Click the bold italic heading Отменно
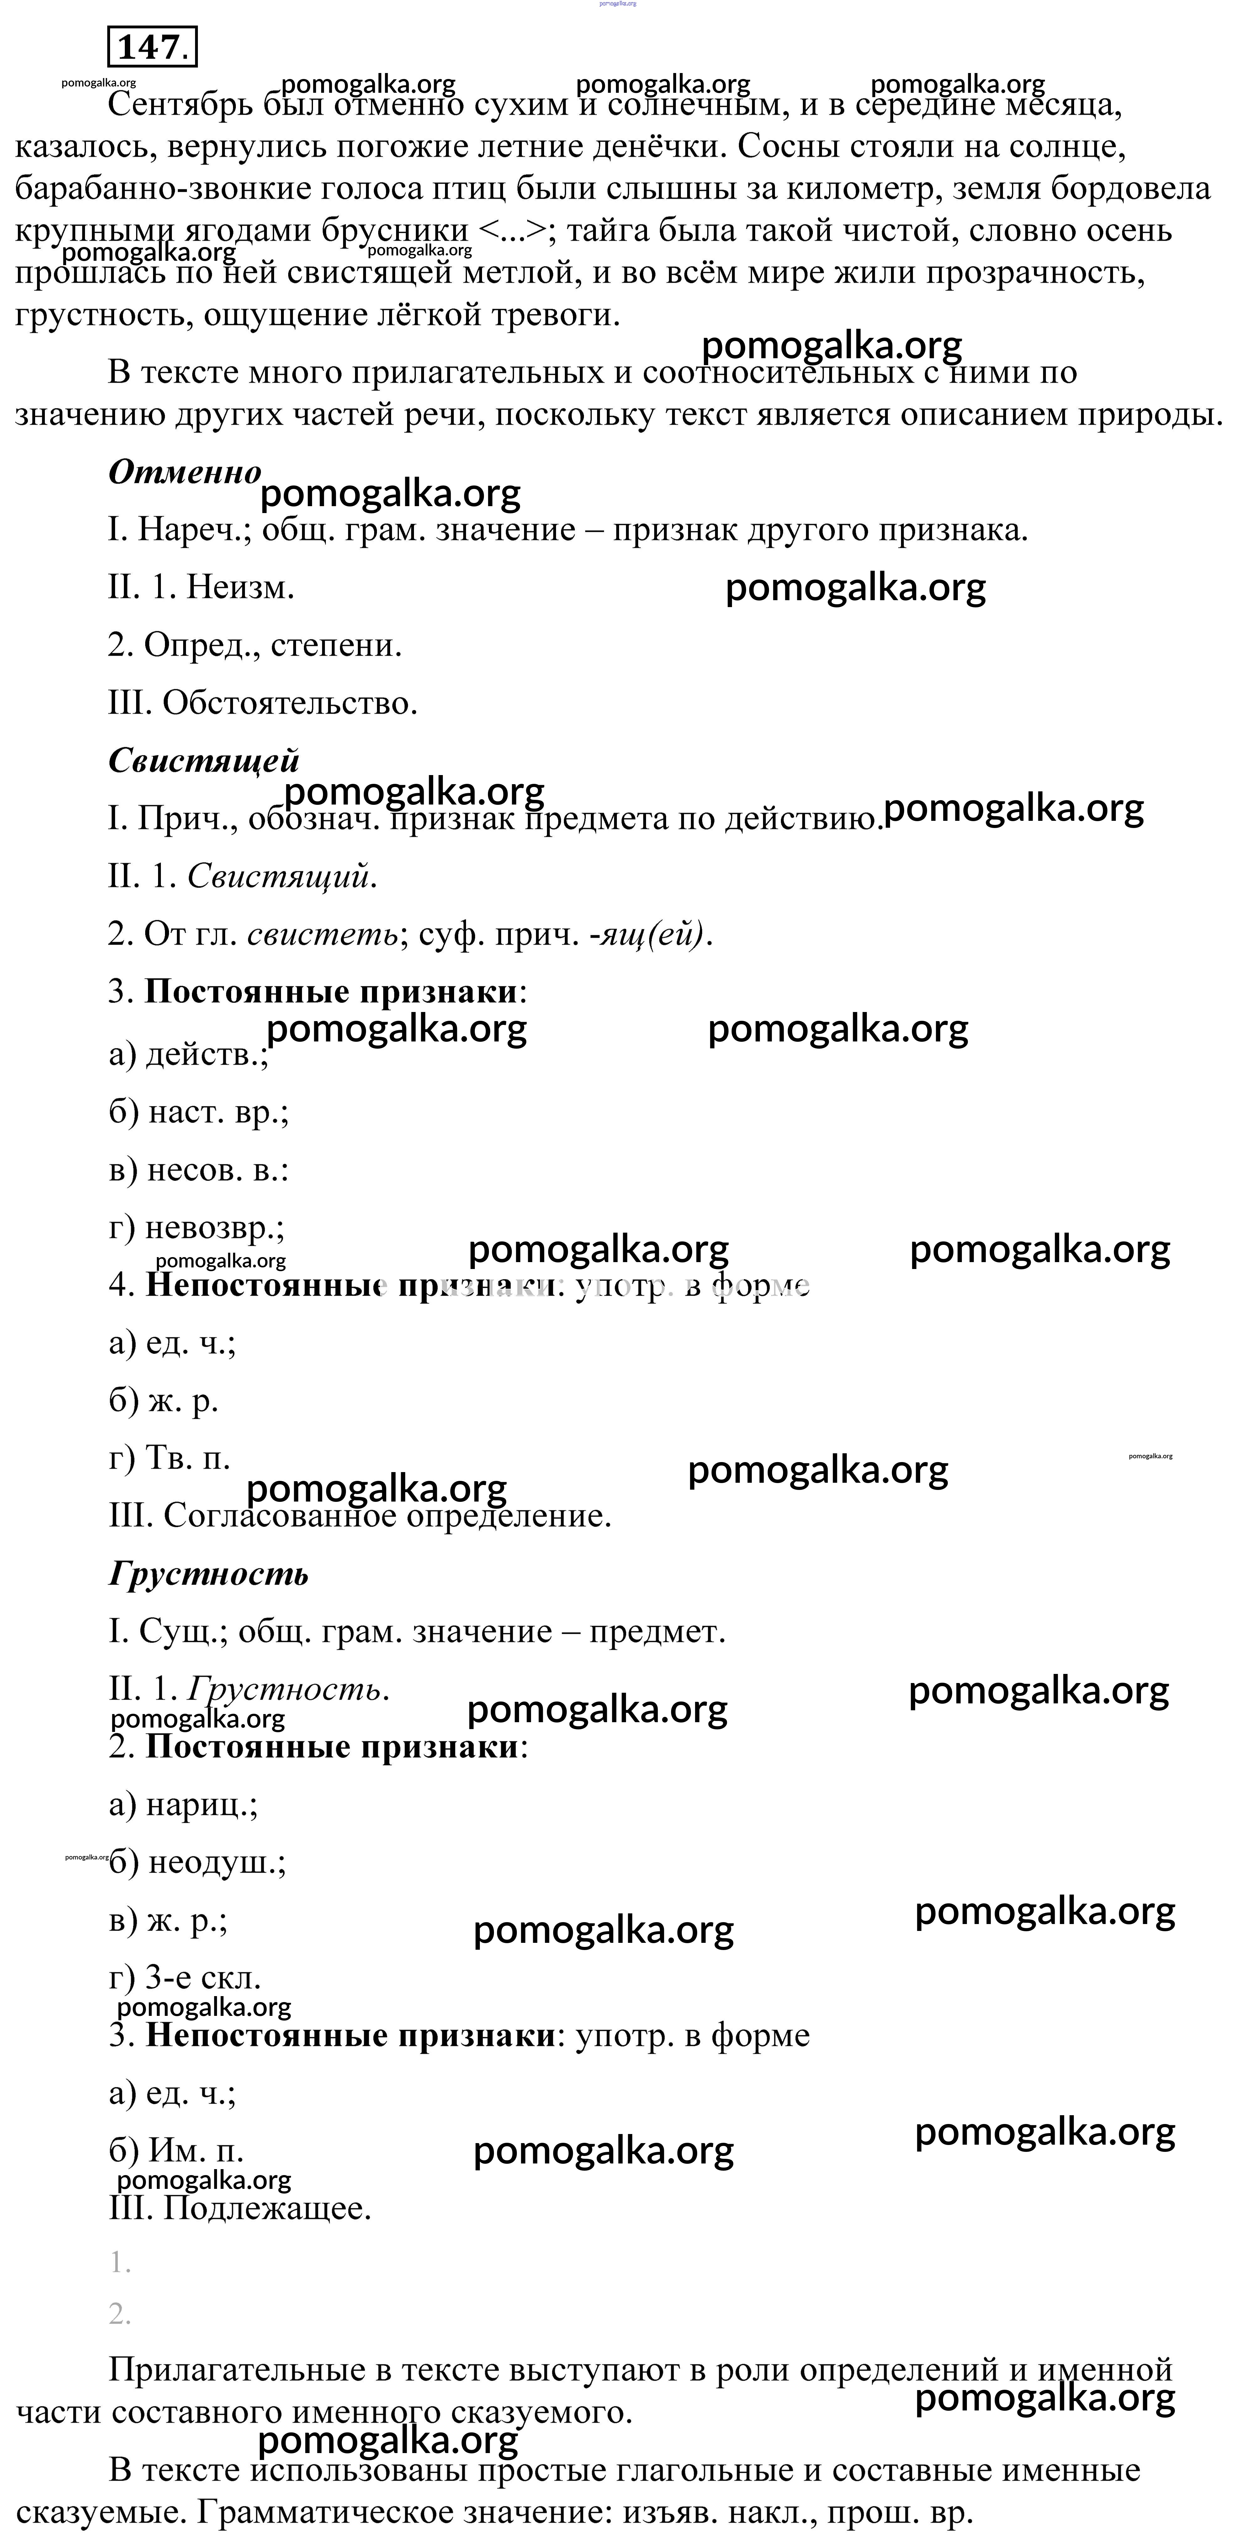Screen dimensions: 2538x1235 coord(184,472)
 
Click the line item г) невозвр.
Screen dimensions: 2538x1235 coord(196,1228)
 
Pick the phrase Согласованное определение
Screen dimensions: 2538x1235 coord(386,1515)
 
